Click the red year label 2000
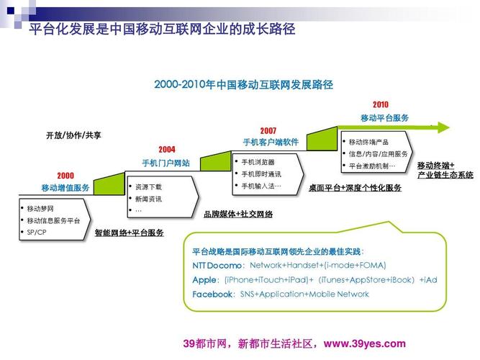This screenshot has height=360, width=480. coord(65,175)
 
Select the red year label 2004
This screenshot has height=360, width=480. coord(167,150)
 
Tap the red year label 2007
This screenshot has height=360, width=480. coord(268,130)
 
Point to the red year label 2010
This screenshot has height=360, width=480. coord(380,104)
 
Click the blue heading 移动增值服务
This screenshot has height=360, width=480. coord(65,188)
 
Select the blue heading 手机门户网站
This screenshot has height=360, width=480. coord(166,163)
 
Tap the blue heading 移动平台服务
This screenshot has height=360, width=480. coord(385,117)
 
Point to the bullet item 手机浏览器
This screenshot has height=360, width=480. coord(258,162)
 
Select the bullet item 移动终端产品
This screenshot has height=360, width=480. coord(368,142)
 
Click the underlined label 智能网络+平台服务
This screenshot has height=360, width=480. coord(130,233)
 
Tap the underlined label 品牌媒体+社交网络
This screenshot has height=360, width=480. coord(238,214)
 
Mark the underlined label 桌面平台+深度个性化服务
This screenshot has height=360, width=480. coord(355,188)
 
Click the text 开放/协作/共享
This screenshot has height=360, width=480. coord(73,135)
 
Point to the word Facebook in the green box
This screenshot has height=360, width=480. coord(212,294)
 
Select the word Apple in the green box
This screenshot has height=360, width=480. coord(204,279)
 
